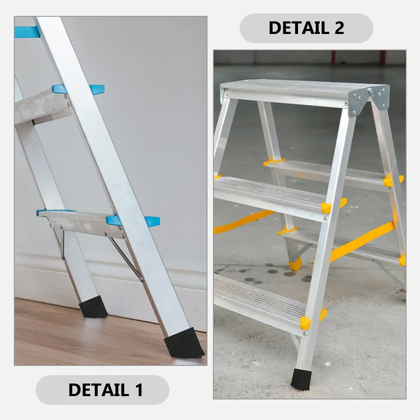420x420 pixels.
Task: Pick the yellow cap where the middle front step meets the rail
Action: (327, 207)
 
